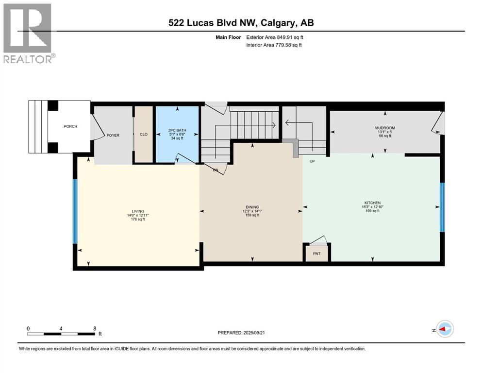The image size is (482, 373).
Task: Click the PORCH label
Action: coord(70,127)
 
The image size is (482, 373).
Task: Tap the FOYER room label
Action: coord(113,136)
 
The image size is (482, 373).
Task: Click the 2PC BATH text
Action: coord(177,131)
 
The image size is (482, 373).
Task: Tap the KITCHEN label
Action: coord(372,203)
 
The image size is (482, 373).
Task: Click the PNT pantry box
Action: coord(316,254)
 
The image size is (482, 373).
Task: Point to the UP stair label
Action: coord(313,161)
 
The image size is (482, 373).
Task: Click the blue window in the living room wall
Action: coord(75,211)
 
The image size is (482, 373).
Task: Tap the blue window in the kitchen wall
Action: coord(442,207)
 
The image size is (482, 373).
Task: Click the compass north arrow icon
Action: coord(444,329)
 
